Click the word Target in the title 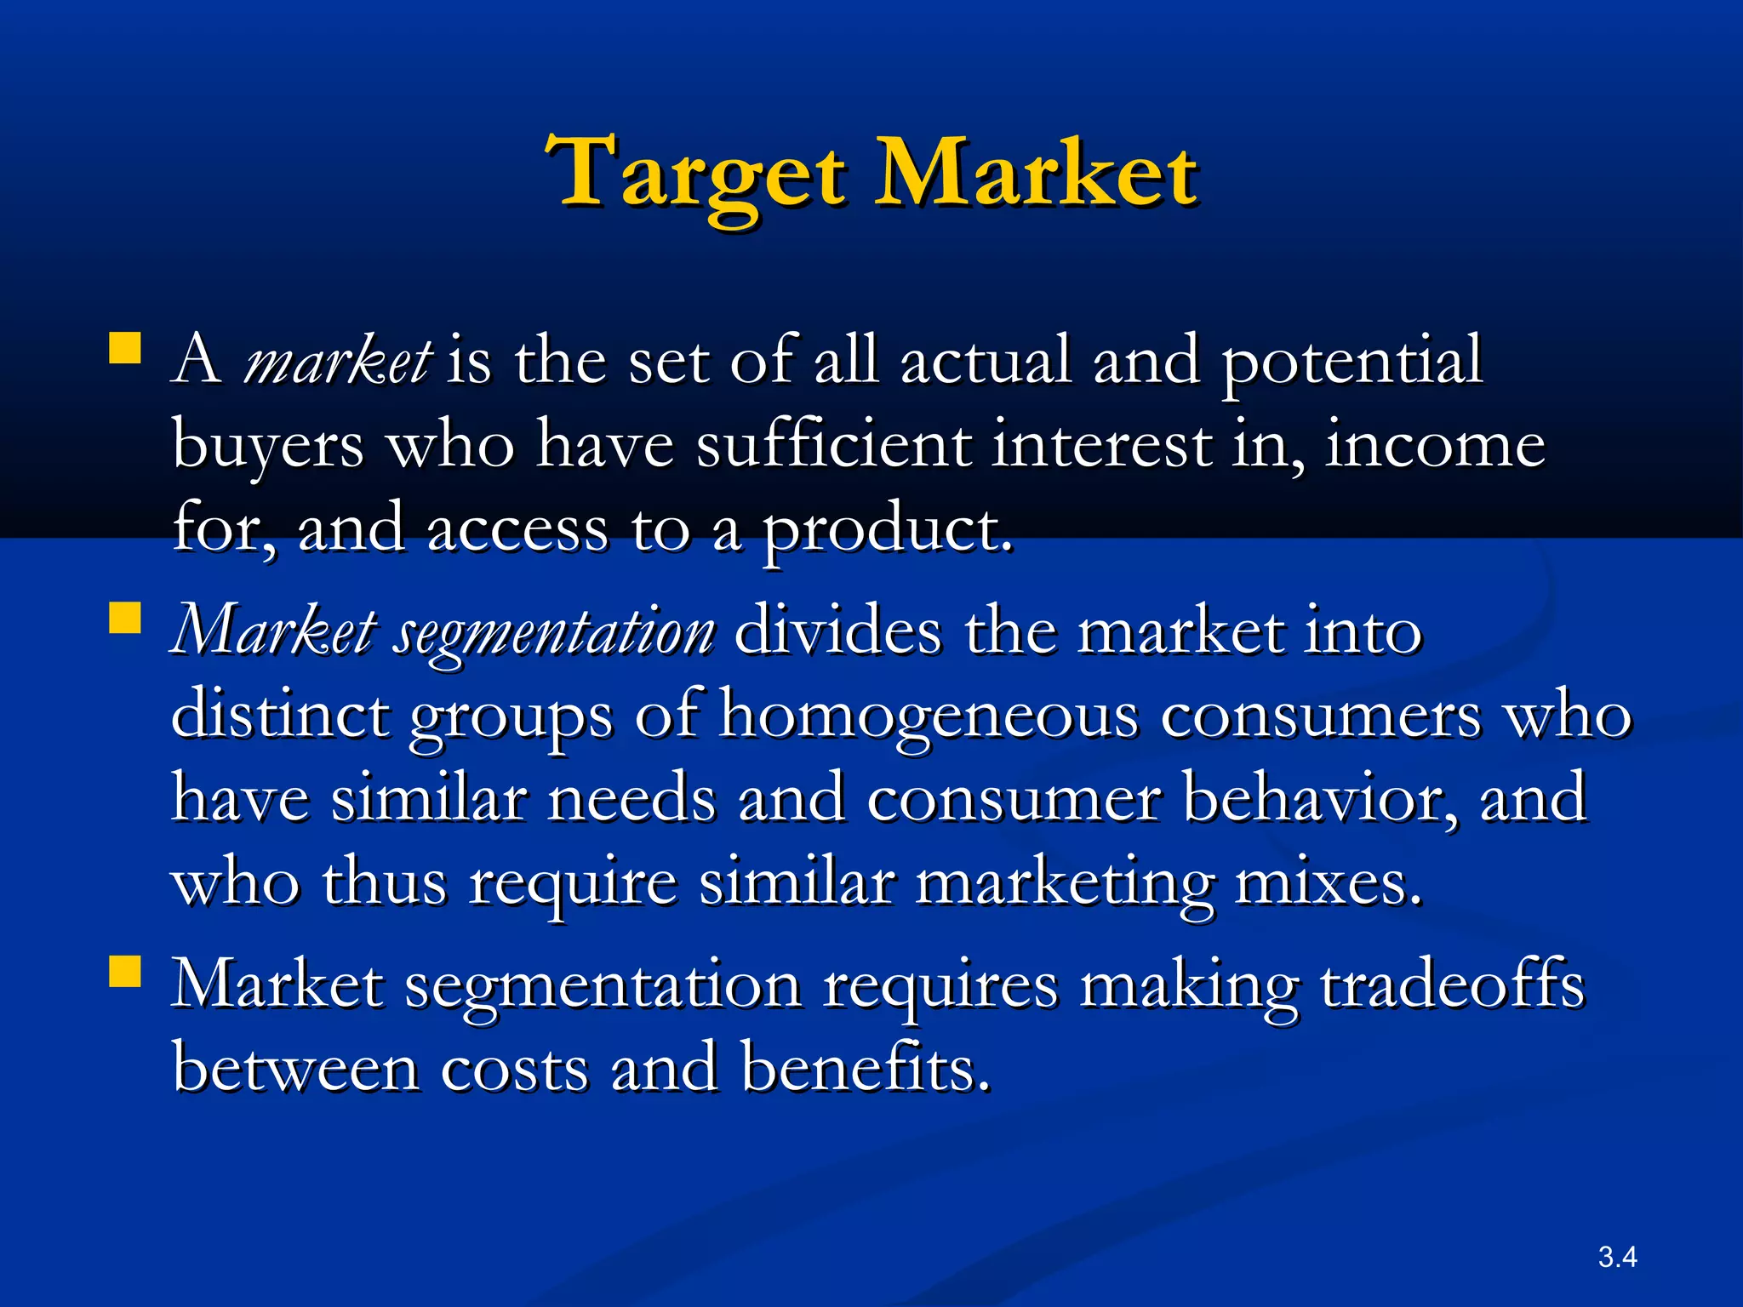pos(696,174)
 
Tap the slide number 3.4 pos(1617,1257)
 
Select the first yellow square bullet pos(125,348)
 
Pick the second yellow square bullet pos(125,618)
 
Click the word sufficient pos(833,445)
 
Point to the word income pos(1435,445)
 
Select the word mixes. pos(1328,884)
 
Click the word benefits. pos(865,1068)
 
